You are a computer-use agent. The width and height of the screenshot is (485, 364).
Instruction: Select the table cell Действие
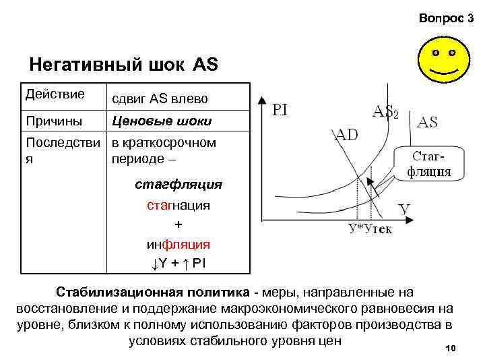click(x=55, y=94)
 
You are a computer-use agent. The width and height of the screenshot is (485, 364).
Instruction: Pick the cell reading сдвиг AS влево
click(x=160, y=98)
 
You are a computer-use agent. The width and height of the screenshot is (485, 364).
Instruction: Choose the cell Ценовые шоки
click(x=162, y=121)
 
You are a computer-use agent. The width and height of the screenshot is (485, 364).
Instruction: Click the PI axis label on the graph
click(x=280, y=109)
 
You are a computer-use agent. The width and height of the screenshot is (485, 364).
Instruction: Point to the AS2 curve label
click(x=386, y=112)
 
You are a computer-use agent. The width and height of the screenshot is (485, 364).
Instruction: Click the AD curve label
click(x=347, y=134)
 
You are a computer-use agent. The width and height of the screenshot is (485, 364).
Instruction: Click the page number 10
click(x=451, y=348)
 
